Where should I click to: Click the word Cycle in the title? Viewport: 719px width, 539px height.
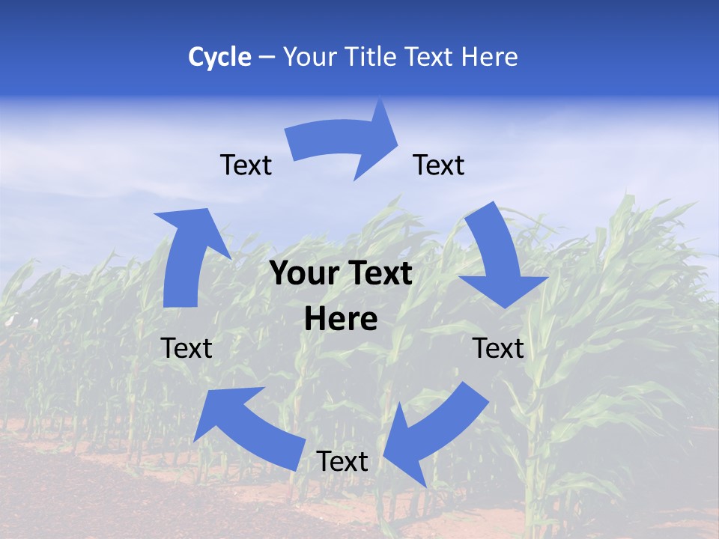point(219,57)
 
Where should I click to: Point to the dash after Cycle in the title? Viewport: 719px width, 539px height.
point(267,58)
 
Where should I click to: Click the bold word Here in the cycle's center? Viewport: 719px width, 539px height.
point(341,320)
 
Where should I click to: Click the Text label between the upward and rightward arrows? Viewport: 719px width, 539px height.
point(246,165)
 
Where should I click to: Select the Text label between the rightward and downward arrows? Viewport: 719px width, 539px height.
point(439,165)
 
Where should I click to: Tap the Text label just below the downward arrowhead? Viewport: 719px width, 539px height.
point(498,348)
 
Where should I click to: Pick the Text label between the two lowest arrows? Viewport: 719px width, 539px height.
point(342,461)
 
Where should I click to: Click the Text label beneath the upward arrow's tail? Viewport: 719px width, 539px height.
point(186,348)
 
